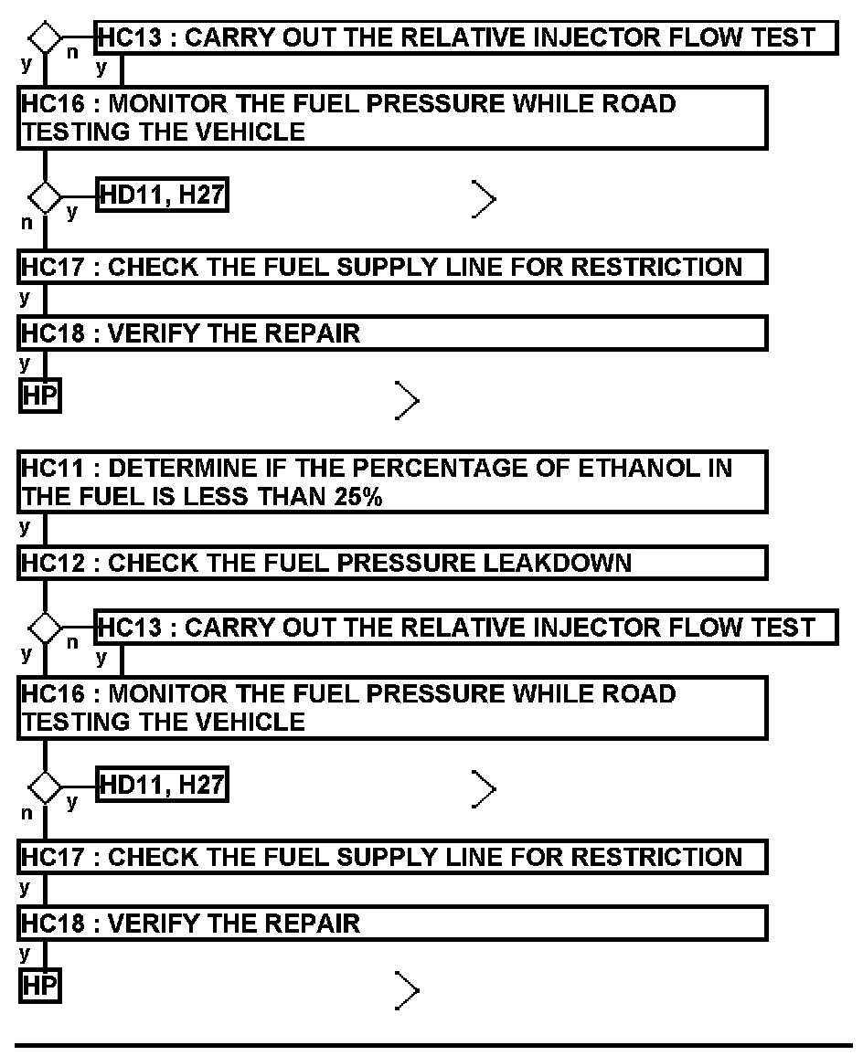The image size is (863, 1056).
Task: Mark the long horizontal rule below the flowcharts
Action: click(x=433, y=1044)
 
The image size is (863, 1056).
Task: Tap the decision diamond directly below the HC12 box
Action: click(x=45, y=628)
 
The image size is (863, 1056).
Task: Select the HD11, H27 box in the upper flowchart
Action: click(x=162, y=195)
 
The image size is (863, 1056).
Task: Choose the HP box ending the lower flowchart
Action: click(x=39, y=987)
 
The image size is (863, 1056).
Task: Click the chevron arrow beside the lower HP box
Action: click(x=408, y=990)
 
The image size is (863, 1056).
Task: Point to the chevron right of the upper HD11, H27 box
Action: click(x=485, y=198)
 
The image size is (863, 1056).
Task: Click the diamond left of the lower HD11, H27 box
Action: click(x=45, y=786)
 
